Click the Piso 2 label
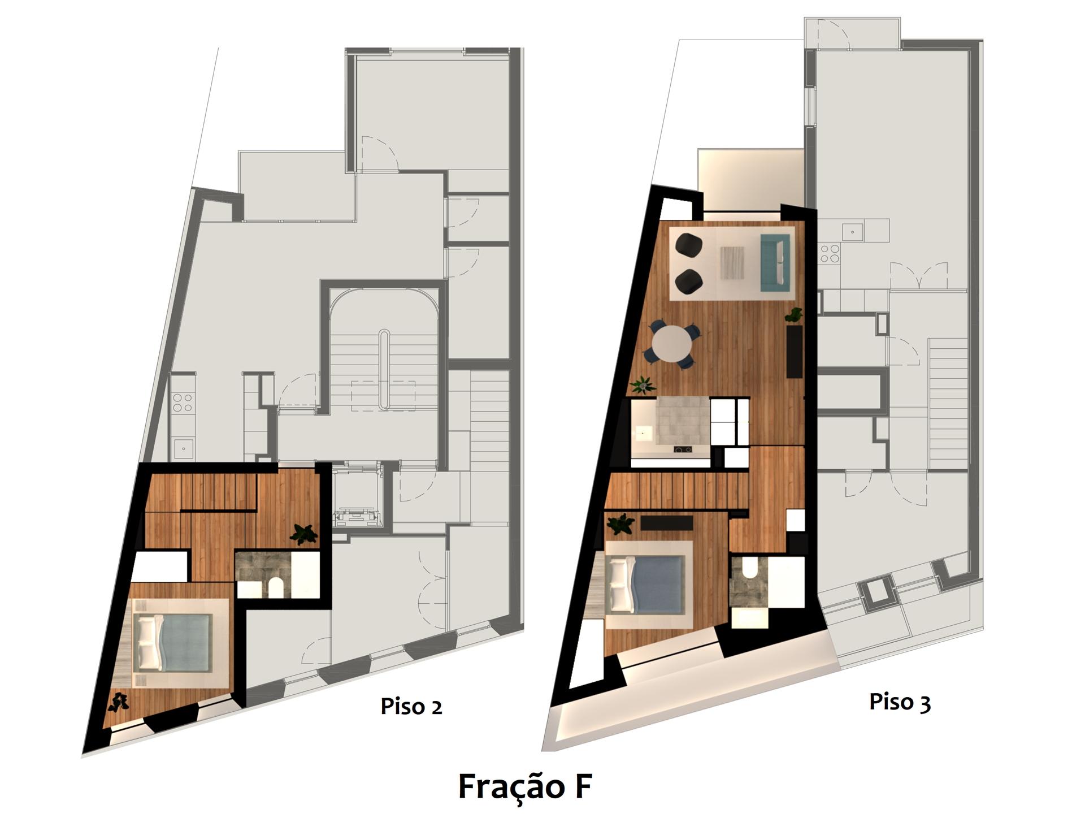tap(411, 707)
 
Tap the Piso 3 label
tap(900, 702)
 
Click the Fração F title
tap(525, 786)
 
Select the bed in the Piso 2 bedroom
tap(172, 643)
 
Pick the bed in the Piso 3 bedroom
tap(648, 584)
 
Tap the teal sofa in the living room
tap(776, 262)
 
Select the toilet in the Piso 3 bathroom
tap(750, 567)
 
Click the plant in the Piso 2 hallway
tap(304, 534)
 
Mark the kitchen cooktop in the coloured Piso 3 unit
tap(683, 450)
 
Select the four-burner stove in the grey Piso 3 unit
tap(830, 253)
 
